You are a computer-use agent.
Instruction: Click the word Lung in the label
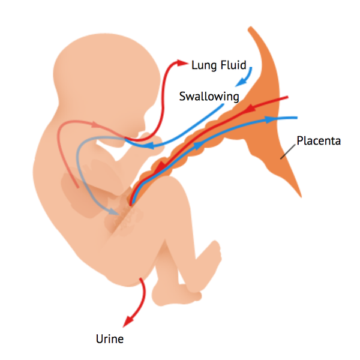tap(204, 65)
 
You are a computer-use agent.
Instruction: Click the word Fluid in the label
tap(233, 65)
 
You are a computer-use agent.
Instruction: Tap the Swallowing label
tap(209, 97)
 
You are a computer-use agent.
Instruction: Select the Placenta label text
tap(319, 141)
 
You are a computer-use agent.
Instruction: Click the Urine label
tap(110, 339)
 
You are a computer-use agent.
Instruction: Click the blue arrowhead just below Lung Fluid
tap(241, 82)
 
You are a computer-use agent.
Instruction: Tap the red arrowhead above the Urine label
tap(128, 321)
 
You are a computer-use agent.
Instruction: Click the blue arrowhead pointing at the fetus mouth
tap(149, 145)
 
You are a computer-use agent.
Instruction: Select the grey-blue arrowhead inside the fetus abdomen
tap(113, 211)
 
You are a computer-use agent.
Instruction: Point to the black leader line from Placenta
tap(287, 152)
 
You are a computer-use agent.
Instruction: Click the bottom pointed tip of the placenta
tap(301, 197)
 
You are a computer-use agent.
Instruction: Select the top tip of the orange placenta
tap(250, 28)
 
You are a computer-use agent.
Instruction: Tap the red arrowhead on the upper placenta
tap(251, 108)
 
